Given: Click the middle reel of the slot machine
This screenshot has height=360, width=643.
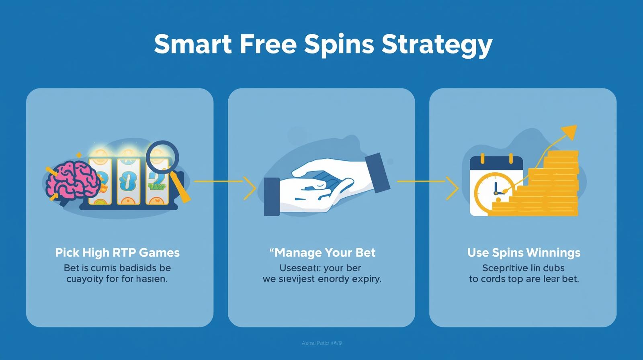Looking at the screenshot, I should click(128, 181).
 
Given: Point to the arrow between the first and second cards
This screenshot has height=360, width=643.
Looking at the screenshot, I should click(225, 182).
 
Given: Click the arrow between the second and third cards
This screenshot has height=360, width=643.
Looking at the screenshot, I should click(428, 182).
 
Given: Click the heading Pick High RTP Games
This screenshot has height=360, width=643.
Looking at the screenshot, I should click(117, 253).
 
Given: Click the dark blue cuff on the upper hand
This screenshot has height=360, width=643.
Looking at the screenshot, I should click(377, 173).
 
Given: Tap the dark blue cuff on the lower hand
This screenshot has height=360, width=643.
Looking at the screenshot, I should click(272, 197).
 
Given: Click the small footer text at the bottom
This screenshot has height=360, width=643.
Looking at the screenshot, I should click(321, 343).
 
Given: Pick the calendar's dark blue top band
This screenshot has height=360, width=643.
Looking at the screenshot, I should click(496, 164).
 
